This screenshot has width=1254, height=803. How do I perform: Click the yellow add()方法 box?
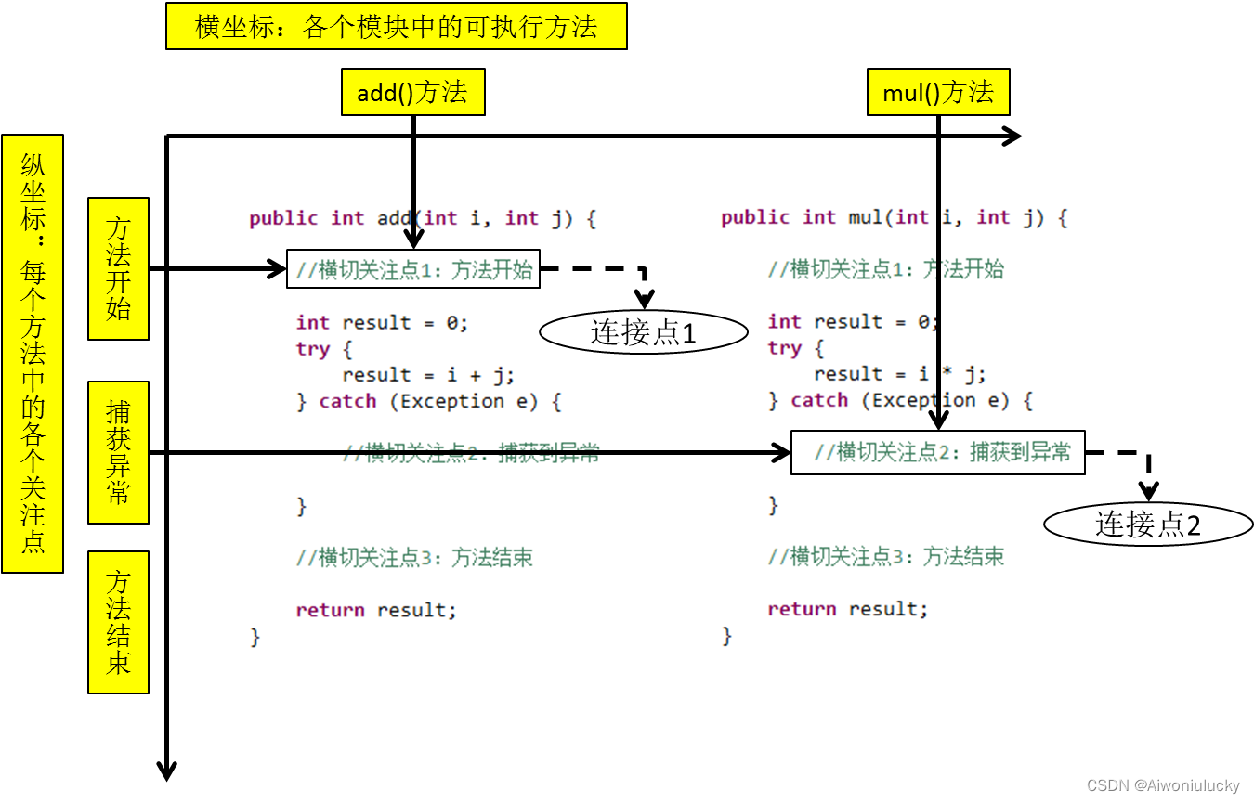[x=412, y=92]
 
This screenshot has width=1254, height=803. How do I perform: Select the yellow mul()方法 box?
[x=937, y=92]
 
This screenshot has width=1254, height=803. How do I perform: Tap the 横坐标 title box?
[x=396, y=26]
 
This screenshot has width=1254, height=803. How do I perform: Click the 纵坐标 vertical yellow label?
[x=33, y=353]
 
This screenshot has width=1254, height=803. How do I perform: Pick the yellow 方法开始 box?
[x=118, y=268]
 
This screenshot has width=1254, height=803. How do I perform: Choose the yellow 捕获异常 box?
[x=118, y=452]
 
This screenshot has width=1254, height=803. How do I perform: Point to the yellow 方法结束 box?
[x=118, y=622]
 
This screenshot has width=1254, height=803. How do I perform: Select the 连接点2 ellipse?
[x=1148, y=525]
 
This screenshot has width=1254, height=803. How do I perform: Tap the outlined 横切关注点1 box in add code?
[x=413, y=269]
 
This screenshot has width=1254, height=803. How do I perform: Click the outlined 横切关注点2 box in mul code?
[x=937, y=452]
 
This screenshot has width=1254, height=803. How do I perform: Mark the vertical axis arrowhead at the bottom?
[x=166, y=771]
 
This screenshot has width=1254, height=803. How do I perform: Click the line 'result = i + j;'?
[x=428, y=375]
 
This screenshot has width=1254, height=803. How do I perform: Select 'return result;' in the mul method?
[x=847, y=609]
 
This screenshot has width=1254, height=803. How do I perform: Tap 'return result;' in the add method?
[x=376, y=610]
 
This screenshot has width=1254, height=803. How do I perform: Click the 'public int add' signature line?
[x=422, y=218]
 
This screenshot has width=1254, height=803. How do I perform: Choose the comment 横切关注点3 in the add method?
[x=414, y=558]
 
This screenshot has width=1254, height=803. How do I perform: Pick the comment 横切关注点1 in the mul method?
[x=885, y=269]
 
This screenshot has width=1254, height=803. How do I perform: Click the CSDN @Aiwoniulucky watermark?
[x=1162, y=785]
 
